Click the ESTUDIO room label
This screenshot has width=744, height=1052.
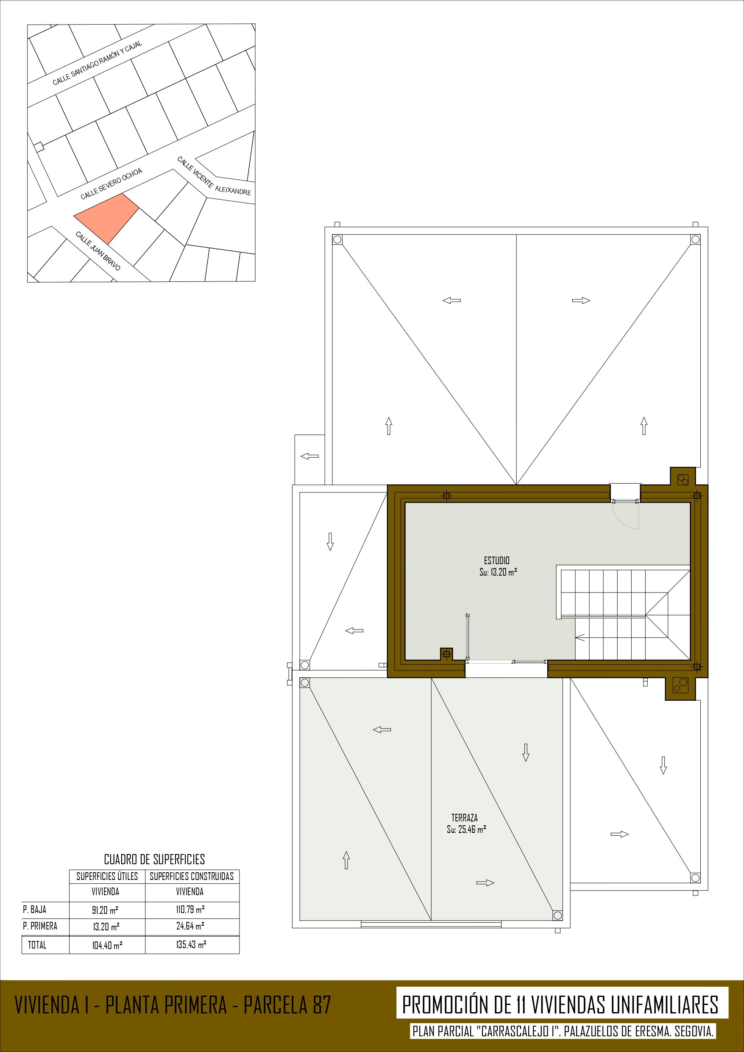click(x=496, y=560)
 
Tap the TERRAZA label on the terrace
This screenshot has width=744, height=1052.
click(x=464, y=818)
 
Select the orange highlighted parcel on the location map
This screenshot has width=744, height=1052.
click(x=106, y=218)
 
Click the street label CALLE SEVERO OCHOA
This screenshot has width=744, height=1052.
click(x=111, y=184)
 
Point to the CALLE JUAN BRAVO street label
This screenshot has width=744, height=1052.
click(x=98, y=250)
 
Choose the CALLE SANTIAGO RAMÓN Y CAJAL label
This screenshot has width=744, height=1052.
click(x=97, y=63)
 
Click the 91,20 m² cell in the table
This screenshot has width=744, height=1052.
click(x=105, y=910)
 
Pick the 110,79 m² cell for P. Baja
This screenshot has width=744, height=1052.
click(x=190, y=910)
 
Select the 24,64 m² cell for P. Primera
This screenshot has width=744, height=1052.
click(x=190, y=926)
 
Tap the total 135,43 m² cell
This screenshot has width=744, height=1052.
click(x=191, y=944)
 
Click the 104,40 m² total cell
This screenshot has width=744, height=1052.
click(x=107, y=945)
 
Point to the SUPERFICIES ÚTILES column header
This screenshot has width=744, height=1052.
click(x=107, y=876)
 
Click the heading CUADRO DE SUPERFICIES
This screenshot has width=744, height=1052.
click(x=154, y=859)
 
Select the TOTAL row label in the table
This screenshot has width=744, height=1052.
click(x=37, y=944)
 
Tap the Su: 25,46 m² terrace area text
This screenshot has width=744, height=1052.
click(x=466, y=829)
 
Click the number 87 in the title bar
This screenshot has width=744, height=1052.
click(x=322, y=1005)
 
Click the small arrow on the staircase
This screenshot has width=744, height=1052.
click(x=580, y=637)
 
